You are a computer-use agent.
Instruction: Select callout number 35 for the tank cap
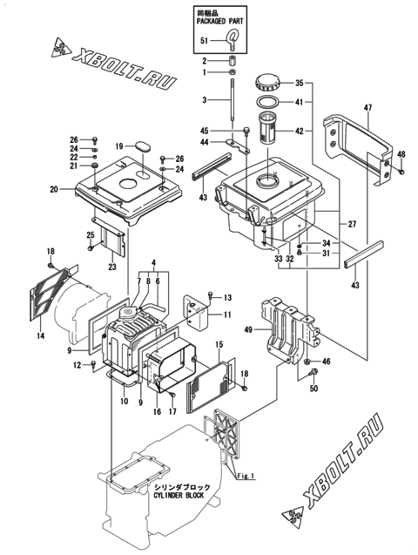[x=299, y=84]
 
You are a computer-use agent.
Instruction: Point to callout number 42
[x=299, y=132]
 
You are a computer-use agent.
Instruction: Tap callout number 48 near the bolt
[x=401, y=155]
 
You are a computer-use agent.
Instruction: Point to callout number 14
[x=40, y=334]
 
